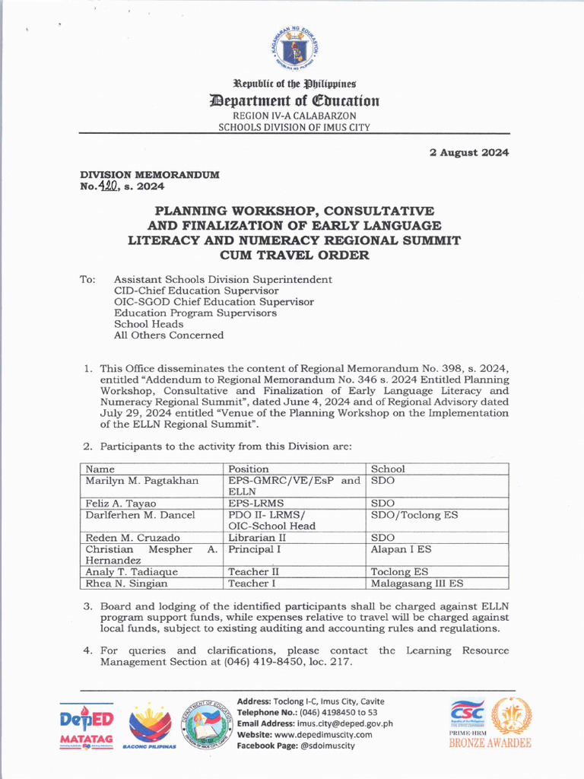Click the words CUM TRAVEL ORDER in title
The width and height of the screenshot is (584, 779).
coord(295,255)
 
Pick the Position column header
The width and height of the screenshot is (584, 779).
coord(249,469)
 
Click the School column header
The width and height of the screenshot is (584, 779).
coord(388,469)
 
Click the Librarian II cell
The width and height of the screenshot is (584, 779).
coord(256,538)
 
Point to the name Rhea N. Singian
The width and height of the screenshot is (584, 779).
coord(125,583)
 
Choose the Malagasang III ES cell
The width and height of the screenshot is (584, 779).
coord(417,583)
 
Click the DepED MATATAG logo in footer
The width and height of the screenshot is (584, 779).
coord(87,728)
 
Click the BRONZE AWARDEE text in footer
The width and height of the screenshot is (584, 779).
coord(490,743)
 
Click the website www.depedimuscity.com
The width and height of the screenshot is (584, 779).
coord(323,735)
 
